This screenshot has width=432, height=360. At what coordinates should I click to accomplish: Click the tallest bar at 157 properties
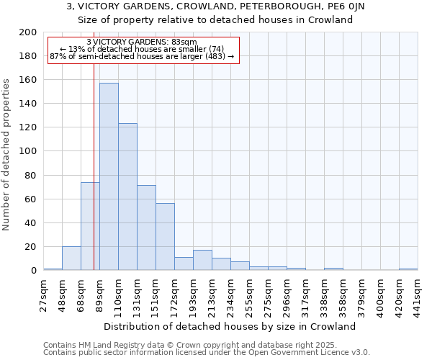(x=109, y=176)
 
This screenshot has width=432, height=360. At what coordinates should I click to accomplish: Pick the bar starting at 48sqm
(x=71, y=258)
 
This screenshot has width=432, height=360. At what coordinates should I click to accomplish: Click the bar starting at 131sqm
(x=146, y=228)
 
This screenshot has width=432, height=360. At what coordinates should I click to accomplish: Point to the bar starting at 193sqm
(x=202, y=260)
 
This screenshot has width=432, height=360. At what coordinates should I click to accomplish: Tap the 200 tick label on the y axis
(x=29, y=32)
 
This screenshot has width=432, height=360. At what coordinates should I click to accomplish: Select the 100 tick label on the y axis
(x=29, y=151)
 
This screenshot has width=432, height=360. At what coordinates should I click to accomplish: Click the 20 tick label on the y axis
(x=32, y=247)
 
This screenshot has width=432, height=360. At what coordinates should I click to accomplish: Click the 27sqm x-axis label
(x=44, y=292)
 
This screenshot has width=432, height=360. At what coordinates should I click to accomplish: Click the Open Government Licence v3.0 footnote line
(x=206, y=353)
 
